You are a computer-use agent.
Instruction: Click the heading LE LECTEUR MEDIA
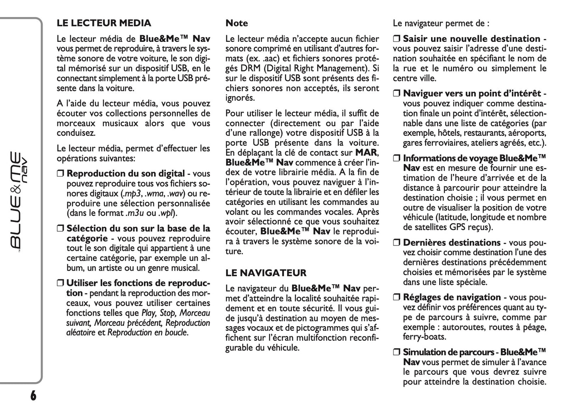click(104, 23)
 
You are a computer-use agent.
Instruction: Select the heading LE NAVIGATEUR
click(266, 273)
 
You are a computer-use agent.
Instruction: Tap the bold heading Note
click(236, 23)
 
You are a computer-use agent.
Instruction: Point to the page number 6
click(33, 395)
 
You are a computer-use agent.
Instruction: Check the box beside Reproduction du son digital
click(60, 174)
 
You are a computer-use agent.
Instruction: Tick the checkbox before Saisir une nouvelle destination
click(397, 39)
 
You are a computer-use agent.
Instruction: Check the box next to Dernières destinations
click(397, 243)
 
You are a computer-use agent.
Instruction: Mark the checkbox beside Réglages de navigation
click(397, 298)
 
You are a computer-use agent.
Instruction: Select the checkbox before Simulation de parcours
click(397, 353)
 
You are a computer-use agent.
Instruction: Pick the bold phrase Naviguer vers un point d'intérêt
click(472, 94)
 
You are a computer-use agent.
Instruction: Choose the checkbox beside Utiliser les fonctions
click(60, 283)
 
